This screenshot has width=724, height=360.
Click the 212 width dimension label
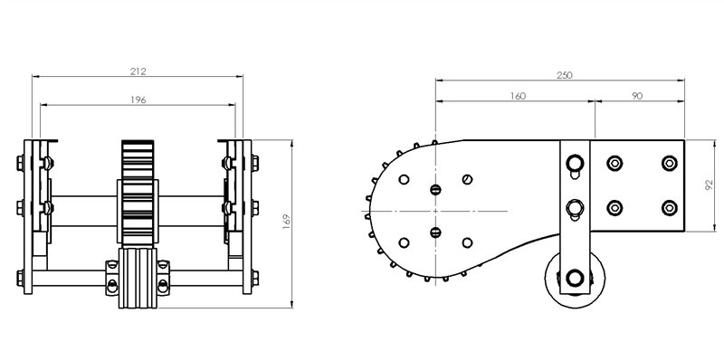pyautogui.click(x=138, y=70)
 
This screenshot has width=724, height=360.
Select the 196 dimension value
pyautogui.click(x=138, y=99)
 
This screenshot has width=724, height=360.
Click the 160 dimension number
pyautogui.click(x=517, y=95)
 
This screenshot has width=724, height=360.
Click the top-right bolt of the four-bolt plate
pyautogui.click(x=669, y=163)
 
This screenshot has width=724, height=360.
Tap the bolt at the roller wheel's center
pyautogui.click(x=575, y=278)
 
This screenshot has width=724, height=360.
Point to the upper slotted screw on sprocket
pyautogui.click(x=435, y=190)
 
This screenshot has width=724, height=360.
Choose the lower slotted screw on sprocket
pyautogui.click(x=435, y=232)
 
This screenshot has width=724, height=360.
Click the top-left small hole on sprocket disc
pyautogui.click(x=405, y=178)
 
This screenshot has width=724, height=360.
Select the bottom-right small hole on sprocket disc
pyautogui.click(x=467, y=242)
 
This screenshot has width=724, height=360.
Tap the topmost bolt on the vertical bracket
pyautogui.click(x=575, y=163)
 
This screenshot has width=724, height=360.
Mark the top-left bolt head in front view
pyautogui.click(x=21, y=164)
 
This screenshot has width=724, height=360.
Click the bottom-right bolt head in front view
pyautogui.click(x=256, y=277)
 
